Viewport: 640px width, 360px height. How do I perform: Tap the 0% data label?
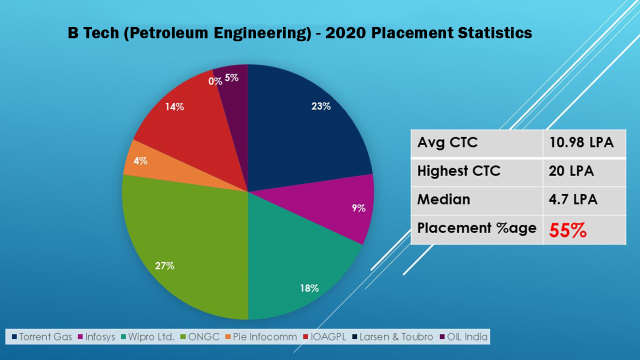[215, 81]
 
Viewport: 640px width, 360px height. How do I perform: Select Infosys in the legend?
[96, 337]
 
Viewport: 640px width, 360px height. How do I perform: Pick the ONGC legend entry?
[200, 337]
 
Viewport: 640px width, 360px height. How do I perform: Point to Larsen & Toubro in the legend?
[393, 337]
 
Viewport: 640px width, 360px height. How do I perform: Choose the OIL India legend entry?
[463, 337]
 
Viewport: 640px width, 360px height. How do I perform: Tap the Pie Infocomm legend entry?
[261, 337]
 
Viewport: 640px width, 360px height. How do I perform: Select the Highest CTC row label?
[459, 171]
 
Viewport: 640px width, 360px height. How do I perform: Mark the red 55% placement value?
[567, 230]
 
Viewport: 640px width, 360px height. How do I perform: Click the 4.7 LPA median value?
[573, 199]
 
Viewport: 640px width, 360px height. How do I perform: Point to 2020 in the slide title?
[345, 33]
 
